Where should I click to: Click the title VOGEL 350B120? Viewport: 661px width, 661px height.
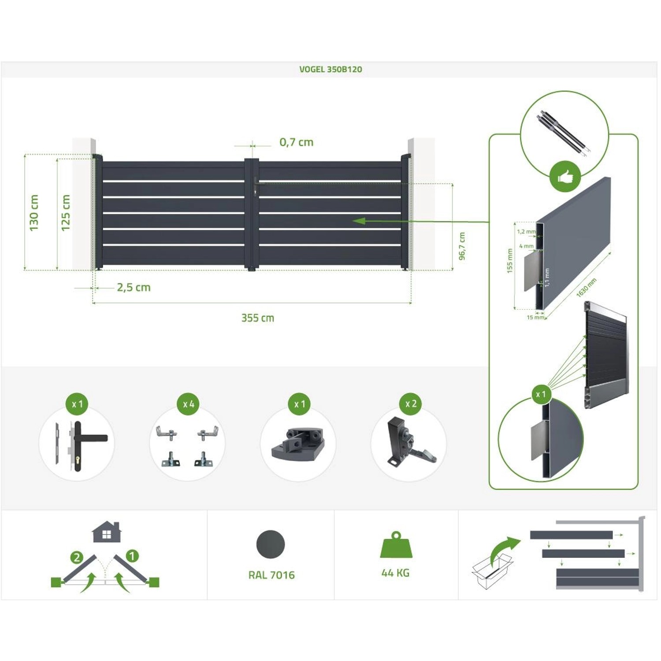330,69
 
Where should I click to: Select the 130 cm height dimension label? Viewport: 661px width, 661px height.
34,213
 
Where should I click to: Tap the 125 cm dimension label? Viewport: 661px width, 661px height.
66,213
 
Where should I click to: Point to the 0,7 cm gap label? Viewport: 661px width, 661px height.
296,142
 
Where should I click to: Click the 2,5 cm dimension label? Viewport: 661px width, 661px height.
134,287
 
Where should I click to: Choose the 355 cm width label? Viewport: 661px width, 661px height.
258,318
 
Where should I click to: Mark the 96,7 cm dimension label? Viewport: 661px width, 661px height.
462,246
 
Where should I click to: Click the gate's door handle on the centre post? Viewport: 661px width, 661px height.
256,186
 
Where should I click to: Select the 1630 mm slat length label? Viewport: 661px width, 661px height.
586,287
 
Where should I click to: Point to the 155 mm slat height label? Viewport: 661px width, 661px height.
510,260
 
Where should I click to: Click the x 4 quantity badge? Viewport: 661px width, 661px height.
188,404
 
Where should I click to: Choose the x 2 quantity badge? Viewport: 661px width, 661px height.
410,404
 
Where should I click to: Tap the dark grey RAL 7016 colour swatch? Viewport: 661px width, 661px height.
271,544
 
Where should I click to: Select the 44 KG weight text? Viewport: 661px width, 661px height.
395,573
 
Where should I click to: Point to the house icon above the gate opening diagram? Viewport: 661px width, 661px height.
107,532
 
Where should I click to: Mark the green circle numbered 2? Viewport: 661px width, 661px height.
77,557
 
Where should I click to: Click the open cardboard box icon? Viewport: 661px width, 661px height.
491,571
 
